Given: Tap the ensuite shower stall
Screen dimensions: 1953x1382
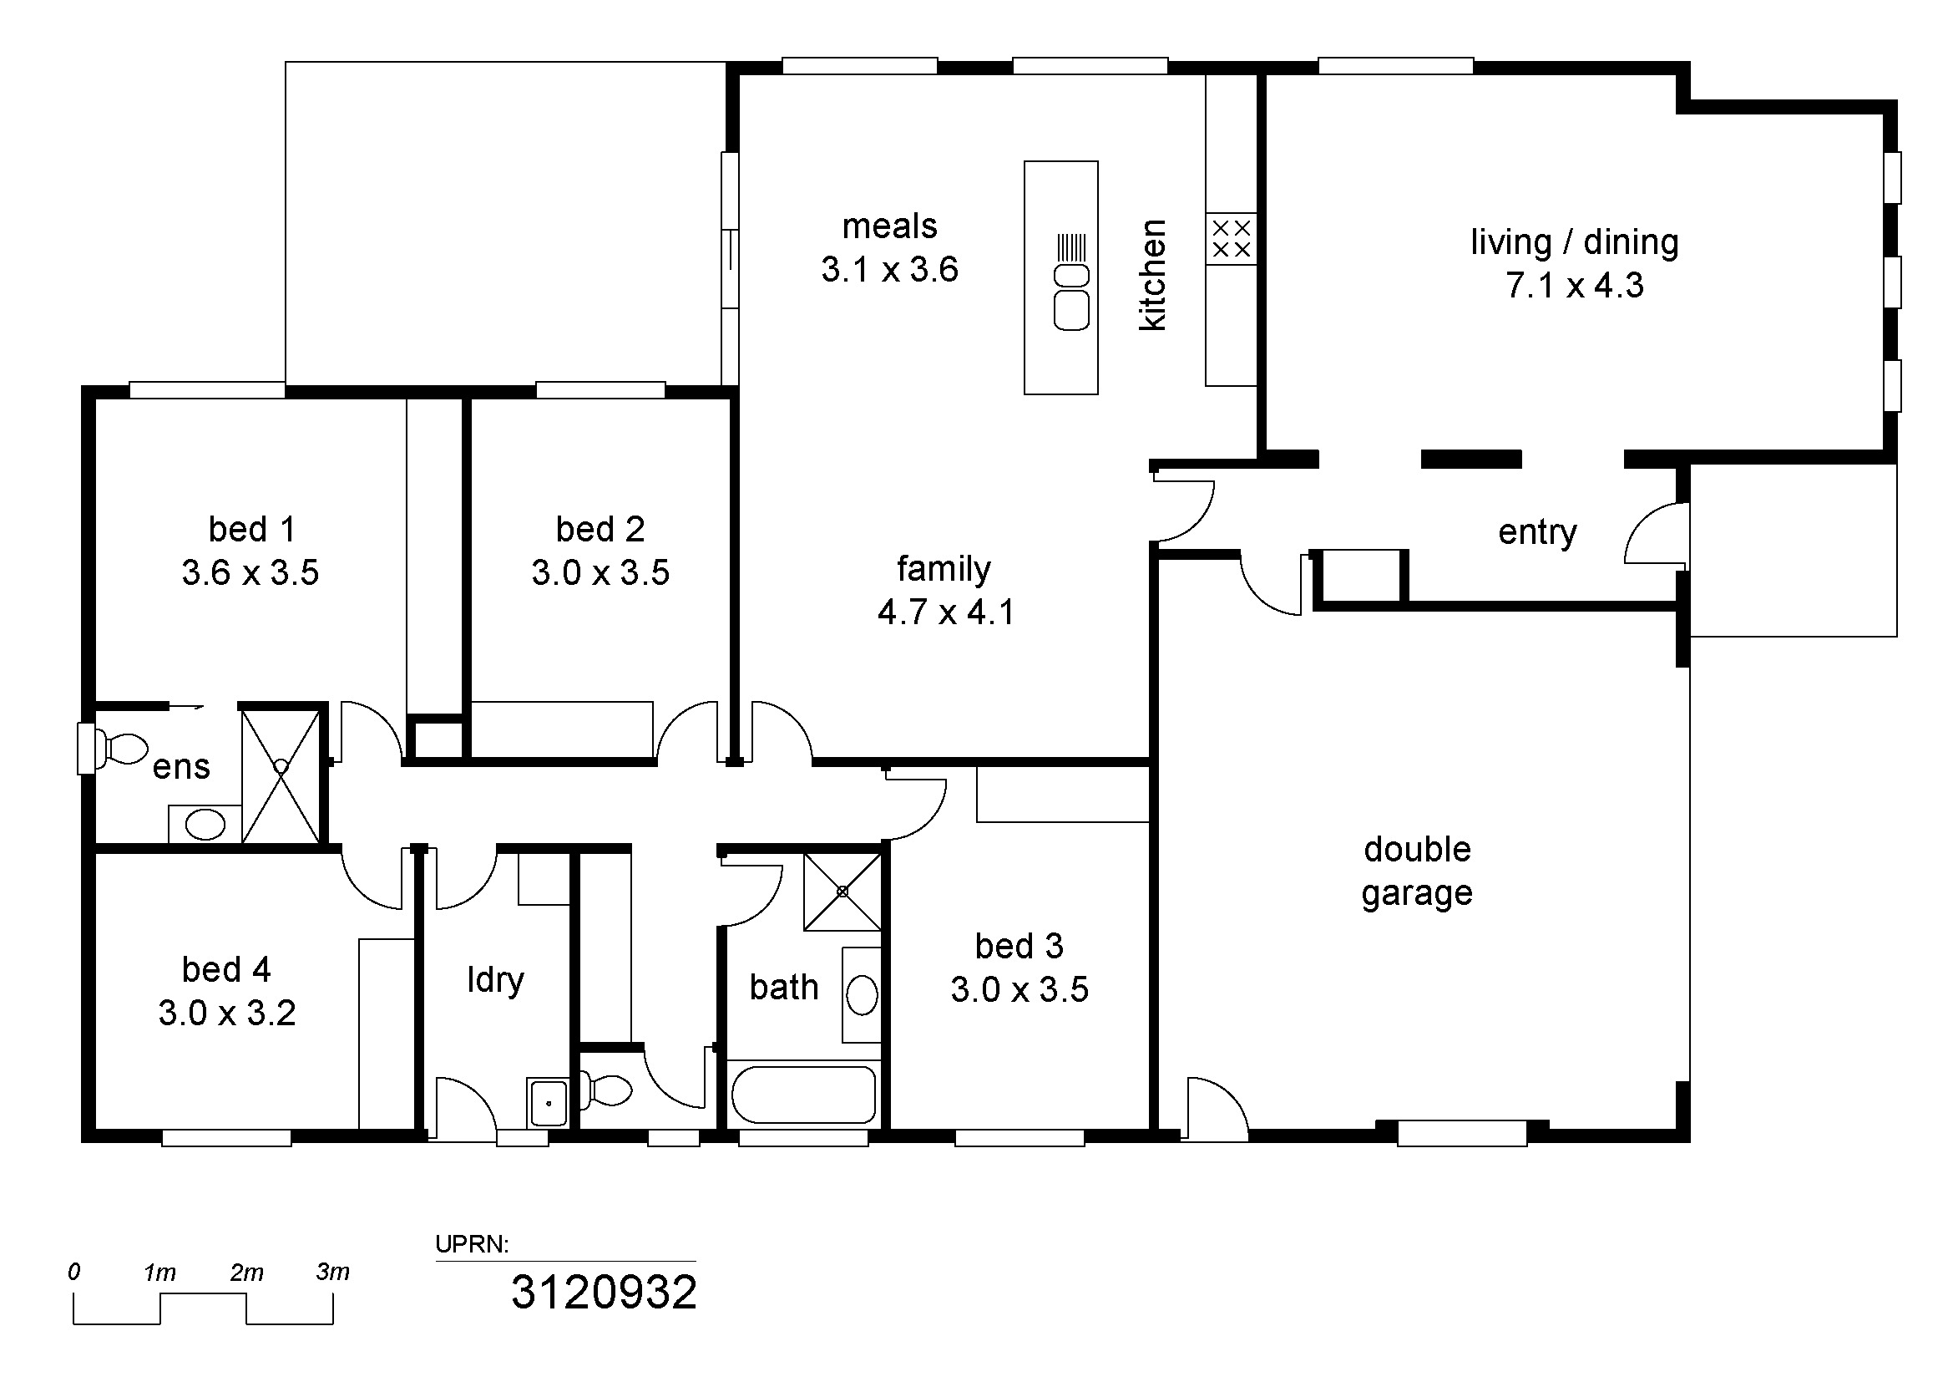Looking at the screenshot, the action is pyautogui.click(x=281, y=776).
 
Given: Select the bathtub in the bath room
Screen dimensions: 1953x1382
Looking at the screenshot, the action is pyautogui.click(x=804, y=1095).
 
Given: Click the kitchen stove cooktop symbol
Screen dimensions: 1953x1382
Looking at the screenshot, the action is pyautogui.click(x=1231, y=238).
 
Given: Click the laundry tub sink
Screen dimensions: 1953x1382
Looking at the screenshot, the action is pyautogui.click(x=548, y=1103).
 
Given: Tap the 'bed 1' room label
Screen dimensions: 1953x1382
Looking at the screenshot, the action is pyautogui.click(x=252, y=529).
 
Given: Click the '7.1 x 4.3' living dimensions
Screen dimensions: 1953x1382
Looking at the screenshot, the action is pyautogui.click(x=1575, y=285).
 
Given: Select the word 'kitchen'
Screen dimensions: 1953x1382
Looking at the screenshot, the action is pyautogui.click(x=1152, y=275).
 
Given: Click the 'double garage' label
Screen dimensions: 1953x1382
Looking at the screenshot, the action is pyautogui.click(x=1417, y=871).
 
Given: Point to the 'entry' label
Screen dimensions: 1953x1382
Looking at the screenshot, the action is pyautogui.click(x=1537, y=533).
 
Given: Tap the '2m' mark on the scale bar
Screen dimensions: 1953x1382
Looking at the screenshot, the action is pyautogui.click(x=246, y=1273).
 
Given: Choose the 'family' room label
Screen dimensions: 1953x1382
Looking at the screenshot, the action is pyautogui.click(x=944, y=568).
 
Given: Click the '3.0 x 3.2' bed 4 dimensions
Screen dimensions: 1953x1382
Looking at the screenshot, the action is pyautogui.click(x=227, y=1014).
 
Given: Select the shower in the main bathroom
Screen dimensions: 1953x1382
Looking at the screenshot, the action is pyautogui.click(x=842, y=892).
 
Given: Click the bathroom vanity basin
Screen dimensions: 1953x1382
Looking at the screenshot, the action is pyautogui.click(x=862, y=995).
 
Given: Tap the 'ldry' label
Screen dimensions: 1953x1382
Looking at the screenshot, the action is pyautogui.click(x=496, y=980).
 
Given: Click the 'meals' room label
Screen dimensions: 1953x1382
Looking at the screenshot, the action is pyautogui.click(x=890, y=226).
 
